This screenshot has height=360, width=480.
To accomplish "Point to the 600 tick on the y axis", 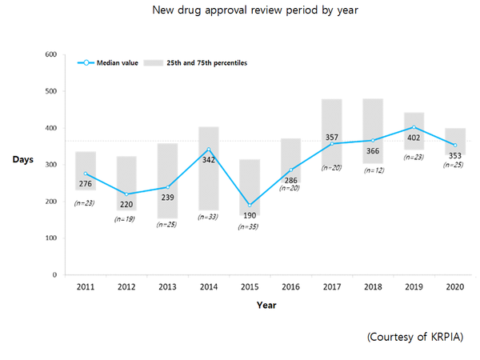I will click(x=50, y=54).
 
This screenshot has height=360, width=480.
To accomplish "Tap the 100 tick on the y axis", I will click(x=50, y=238).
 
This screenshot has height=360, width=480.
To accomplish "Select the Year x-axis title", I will click(x=266, y=305).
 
